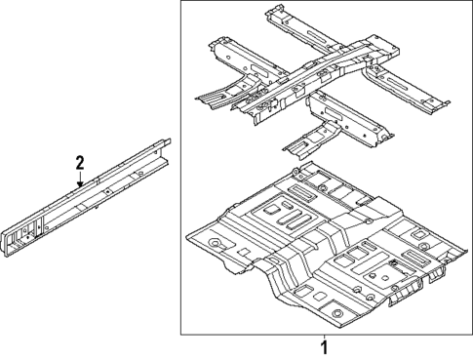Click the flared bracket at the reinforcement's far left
(210, 95)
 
